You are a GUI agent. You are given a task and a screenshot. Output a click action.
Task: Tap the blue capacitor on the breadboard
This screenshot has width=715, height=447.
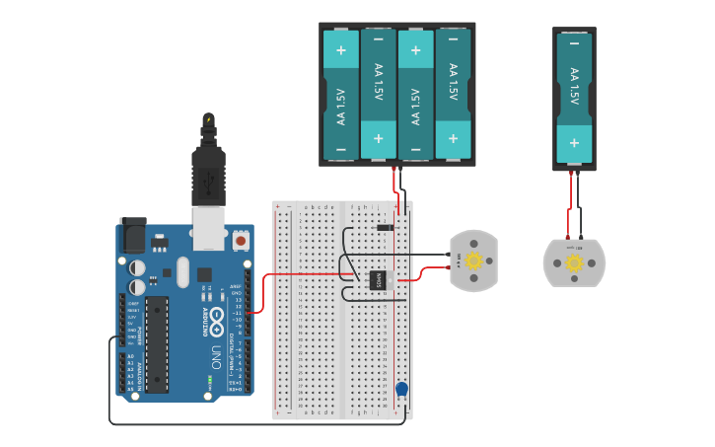click(x=401, y=390)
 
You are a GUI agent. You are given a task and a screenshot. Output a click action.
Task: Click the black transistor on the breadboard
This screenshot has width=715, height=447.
click(x=379, y=280)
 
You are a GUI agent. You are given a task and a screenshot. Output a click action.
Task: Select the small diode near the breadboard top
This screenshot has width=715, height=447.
click(x=385, y=228)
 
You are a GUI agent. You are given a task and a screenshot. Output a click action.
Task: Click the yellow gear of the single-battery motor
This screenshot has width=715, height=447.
click(x=574, y=262)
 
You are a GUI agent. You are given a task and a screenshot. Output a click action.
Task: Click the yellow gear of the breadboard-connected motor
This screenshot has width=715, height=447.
click(x=473, y=261)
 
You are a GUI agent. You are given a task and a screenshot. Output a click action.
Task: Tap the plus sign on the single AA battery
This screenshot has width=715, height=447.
click(x=574, y=143)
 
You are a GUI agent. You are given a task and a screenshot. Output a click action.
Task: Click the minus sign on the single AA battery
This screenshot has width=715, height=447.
click(x=574, y=43)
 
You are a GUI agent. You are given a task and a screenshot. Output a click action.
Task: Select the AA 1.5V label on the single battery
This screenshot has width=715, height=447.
click(x=574, y=87)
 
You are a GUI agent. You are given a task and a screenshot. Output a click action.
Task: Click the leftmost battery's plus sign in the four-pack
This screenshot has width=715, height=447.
click(x=341, y=49)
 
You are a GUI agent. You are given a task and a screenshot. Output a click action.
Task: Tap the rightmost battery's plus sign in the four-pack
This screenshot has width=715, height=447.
click(x=453, y=139)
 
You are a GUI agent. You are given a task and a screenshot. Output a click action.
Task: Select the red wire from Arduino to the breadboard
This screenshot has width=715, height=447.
click(x=296, y=274)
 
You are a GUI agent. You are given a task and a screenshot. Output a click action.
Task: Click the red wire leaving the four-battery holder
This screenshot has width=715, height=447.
click(x=395, y=187)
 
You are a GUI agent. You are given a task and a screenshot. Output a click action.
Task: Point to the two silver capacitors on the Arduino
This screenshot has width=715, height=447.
click(x=136, y=277)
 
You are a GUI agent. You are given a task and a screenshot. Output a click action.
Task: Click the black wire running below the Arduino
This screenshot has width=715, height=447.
click(x=247, y=424)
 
